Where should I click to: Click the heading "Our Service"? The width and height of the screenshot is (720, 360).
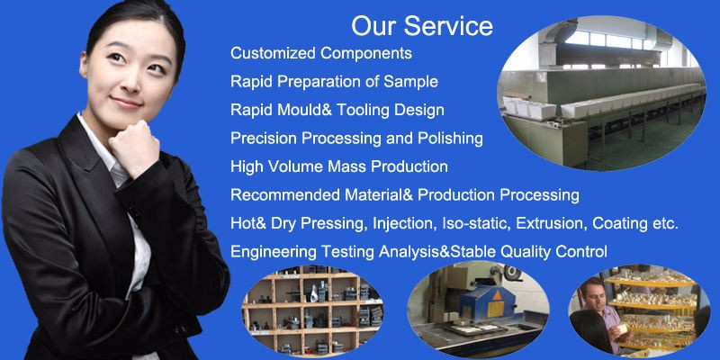(x=422, y=26)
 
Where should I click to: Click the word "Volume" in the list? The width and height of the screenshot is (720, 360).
(x=295, y=166)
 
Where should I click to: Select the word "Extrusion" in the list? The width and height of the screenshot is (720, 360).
(x=552, y=223)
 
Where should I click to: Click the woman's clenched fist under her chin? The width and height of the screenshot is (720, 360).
(x=133, y=145)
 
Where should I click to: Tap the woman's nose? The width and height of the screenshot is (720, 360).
(x=132, y=83)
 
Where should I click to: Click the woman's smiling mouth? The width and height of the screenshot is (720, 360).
(x=126, y=103)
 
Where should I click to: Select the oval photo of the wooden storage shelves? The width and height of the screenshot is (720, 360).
(x=312, y=310)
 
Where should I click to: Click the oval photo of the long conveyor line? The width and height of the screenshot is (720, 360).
(x=601, y=93)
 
